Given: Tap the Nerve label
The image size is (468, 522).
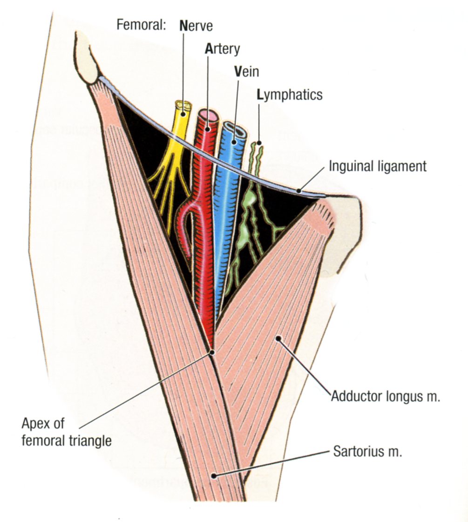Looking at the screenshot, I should coord(196,25).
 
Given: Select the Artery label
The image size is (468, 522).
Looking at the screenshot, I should coord(222,49).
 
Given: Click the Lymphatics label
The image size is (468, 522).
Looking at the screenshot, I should coord(289,95).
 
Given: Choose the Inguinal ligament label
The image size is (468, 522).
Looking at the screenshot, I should coord(377,166).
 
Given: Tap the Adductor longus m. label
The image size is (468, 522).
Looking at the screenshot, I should coord(386,397).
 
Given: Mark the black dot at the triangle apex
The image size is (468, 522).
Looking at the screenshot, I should coord(212,353).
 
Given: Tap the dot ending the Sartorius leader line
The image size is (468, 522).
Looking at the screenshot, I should coord(213,475).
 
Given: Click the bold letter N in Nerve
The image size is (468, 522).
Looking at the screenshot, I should coord(183,25).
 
